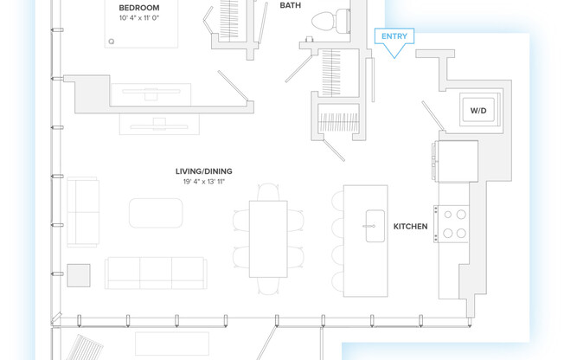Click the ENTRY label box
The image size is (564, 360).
point(394,36)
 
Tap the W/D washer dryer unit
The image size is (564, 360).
point(477,110)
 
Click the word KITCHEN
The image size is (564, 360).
point(411,226)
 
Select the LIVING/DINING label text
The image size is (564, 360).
point(203,171)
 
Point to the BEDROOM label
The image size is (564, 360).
point(139,8)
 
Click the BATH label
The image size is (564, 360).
point(291,5)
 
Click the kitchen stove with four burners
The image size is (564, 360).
point(455,222)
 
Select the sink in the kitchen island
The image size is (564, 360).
point(374,222)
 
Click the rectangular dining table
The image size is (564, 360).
point(267,237)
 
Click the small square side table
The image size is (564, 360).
point(80,275)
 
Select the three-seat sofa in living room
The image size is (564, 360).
point(156,273)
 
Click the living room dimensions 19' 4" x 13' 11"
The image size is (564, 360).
point(203,183)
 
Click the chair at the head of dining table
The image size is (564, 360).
point(270,190)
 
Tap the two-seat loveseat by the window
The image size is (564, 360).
point(83,212)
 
